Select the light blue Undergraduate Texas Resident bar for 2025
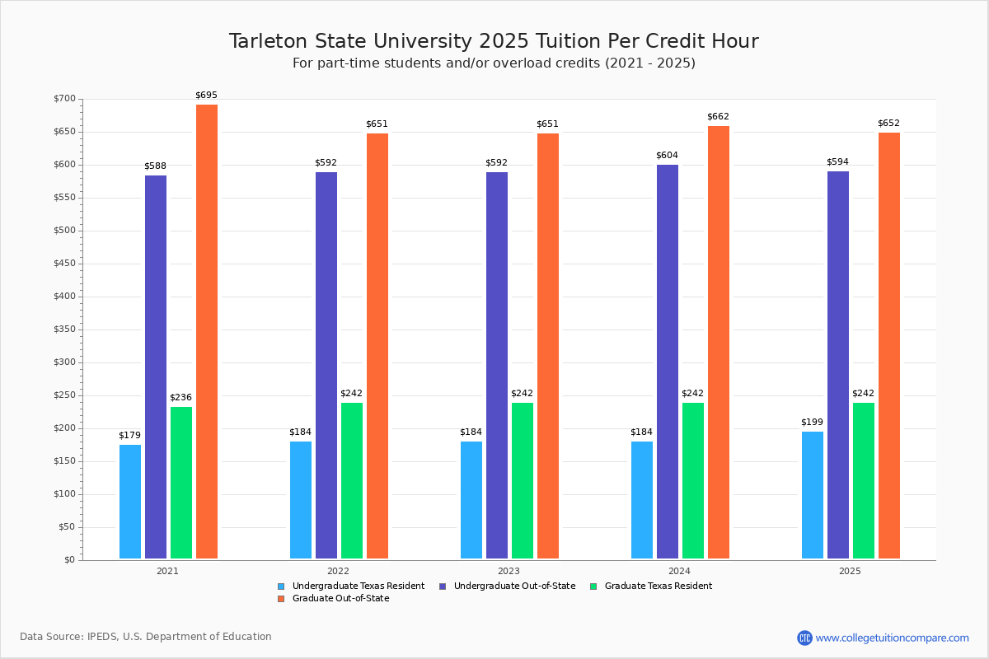coord(813,495)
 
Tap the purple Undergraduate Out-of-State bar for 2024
coord(668,362)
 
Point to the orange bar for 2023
coord(548,346)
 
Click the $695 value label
coord(207,96)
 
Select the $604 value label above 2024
coord(667,156)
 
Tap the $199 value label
coord(812,423)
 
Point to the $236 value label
coord(180,398)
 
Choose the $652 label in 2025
coord(888,124)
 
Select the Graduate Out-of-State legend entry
coord(340,599)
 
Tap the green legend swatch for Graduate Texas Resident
coord(593,587)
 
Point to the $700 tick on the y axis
coord(64,99)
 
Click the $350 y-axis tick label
coord(64,329)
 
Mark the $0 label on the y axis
coord(69,560)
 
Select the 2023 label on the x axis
coord(509,571)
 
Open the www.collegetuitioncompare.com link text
coord(892,638)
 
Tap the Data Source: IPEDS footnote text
coord(146,637)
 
